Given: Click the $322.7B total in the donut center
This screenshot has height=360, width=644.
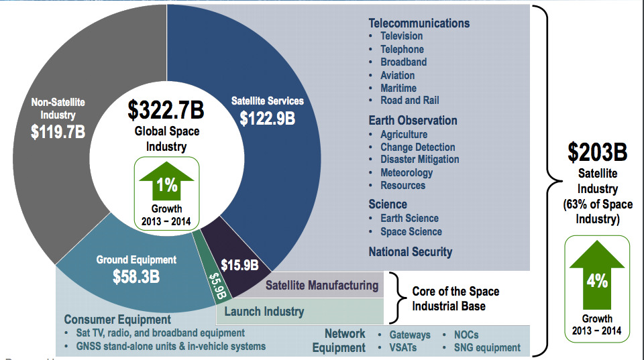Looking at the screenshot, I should [166, 110].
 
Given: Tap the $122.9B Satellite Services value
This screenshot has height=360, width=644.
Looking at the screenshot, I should [268, 118].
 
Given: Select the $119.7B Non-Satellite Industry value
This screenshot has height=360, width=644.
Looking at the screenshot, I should [58, 131].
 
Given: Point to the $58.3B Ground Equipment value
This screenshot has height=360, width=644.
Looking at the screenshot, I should [136, 276].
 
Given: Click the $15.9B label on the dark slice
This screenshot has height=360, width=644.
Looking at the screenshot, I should [239, 265].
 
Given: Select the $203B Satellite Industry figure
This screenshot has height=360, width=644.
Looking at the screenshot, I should [597, 153].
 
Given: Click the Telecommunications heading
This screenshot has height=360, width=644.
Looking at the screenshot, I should [419, 23].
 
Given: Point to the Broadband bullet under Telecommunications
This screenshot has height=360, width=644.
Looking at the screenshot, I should [403, 62].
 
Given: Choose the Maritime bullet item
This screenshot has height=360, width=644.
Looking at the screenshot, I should [398, 88].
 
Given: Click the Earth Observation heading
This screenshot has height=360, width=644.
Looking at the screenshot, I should [413, 121].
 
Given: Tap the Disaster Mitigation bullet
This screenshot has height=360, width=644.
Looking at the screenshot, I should [419, 160].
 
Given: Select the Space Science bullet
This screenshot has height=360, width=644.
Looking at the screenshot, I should [411, 231].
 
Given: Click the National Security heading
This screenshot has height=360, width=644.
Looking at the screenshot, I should [410, 252].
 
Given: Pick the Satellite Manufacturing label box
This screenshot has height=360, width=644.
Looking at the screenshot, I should [322, 286].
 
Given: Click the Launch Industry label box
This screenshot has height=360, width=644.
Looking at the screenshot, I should [264, 312].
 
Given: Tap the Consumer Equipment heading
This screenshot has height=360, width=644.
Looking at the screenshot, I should [117, 320].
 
